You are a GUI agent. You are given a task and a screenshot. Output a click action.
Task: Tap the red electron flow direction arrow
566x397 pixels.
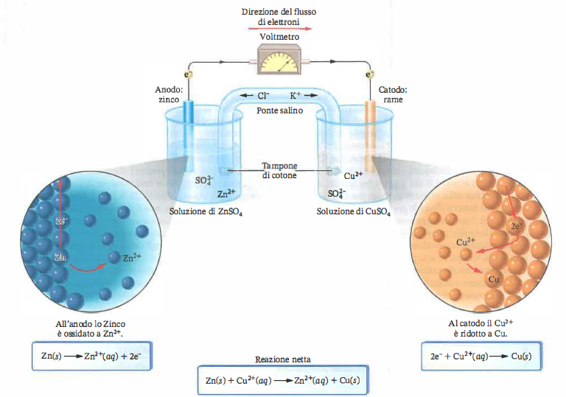pos(283,30)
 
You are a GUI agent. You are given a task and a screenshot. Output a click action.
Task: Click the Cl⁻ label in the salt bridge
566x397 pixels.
pos(263,96)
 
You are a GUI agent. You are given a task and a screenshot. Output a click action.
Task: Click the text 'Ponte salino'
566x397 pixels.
pos(279,110)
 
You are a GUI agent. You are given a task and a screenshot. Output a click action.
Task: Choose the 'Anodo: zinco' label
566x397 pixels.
pos(169,94)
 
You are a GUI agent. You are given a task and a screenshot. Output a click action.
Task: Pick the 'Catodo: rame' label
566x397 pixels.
pos(393,94)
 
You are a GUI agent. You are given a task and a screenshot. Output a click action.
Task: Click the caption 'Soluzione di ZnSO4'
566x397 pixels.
pos(206,211)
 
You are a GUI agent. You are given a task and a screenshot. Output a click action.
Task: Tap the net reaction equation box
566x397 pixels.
pos(282,380)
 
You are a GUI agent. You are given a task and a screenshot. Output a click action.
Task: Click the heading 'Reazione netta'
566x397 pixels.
pos(282,359)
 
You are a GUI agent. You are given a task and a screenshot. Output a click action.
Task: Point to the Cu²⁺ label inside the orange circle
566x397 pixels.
pos(467,241)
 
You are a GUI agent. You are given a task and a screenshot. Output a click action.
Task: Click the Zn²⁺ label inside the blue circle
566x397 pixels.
pos(133,257)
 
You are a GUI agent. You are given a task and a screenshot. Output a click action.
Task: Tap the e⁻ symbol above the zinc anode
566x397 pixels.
pos(189,74)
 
